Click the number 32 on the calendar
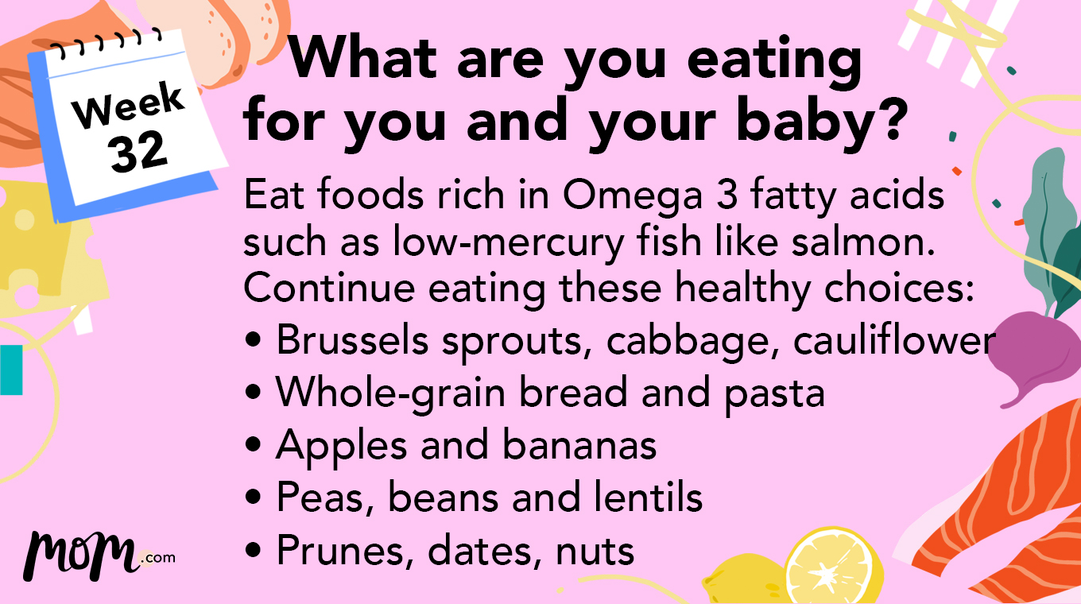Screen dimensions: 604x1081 point(138,150)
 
